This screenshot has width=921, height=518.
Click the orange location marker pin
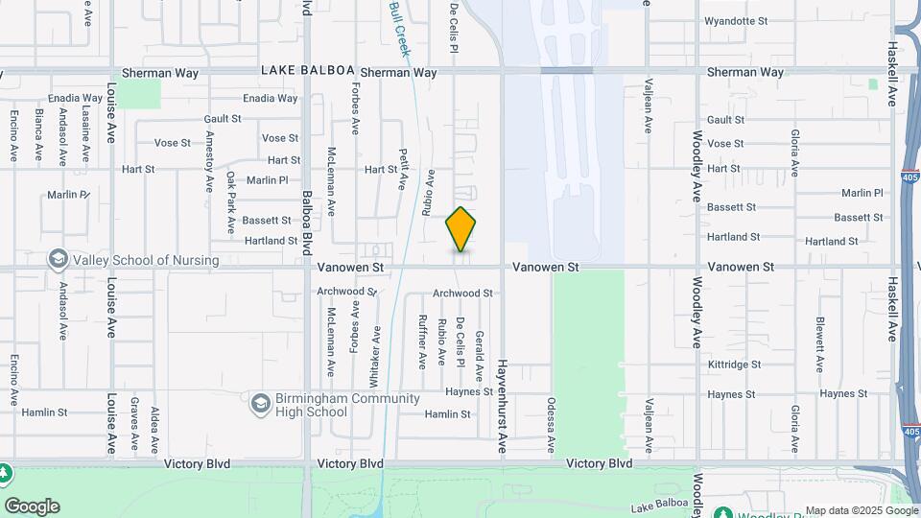460,229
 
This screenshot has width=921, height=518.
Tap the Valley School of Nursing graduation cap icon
59,259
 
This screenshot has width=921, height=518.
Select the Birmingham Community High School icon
260,404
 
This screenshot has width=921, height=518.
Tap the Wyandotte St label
736,20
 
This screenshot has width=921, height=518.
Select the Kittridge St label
734,365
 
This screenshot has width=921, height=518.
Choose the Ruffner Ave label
422,342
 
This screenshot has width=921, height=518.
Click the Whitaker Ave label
377,349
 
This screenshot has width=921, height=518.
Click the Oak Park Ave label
231,202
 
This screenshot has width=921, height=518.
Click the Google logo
32,506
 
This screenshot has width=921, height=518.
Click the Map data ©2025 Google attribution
861,510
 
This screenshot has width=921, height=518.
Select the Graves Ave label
134,423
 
